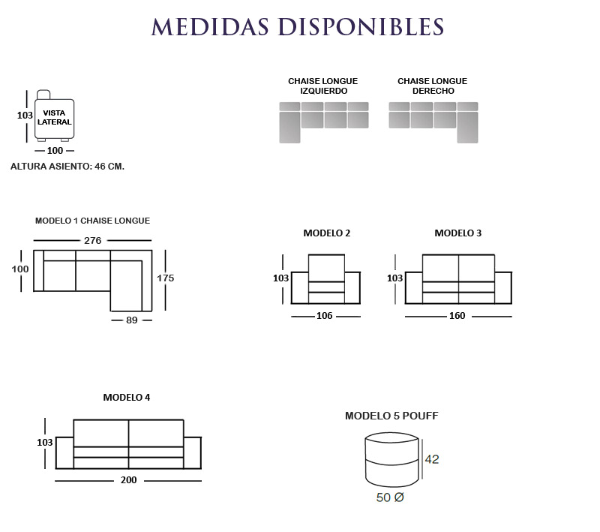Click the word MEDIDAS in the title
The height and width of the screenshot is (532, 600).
(x=210, y=27)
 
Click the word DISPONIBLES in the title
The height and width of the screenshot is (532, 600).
(x=361, y=27)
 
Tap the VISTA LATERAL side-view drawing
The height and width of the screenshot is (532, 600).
(x=54, y=116)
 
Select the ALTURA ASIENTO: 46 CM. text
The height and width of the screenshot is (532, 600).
(x=67, y=167)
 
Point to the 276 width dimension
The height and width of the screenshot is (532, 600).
(x=92, y=240)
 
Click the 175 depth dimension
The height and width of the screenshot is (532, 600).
(x=165, y=278)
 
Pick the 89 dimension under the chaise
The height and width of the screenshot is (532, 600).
(x=132, y=320)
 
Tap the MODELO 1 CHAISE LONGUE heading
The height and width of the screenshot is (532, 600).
(x=92, y=221)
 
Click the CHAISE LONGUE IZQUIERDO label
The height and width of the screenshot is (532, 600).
(x=323, y=86)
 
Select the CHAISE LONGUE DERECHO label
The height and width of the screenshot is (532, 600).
(x=433, y=86)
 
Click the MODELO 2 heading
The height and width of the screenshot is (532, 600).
(x=327, y=233)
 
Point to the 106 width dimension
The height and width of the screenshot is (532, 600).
(x=324, y=316)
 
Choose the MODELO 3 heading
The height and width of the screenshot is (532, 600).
(x=458, y=233)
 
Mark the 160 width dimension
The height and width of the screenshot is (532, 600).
(x=457, y=316)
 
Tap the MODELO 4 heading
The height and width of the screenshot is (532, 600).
(x=127, y=398)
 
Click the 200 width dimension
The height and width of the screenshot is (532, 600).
(x=128, y=480)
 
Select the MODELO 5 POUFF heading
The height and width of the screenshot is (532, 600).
(x=391, y=416)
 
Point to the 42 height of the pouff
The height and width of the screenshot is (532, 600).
(x=432, y=459)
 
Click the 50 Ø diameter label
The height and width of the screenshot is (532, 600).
(x=390, y=497)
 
